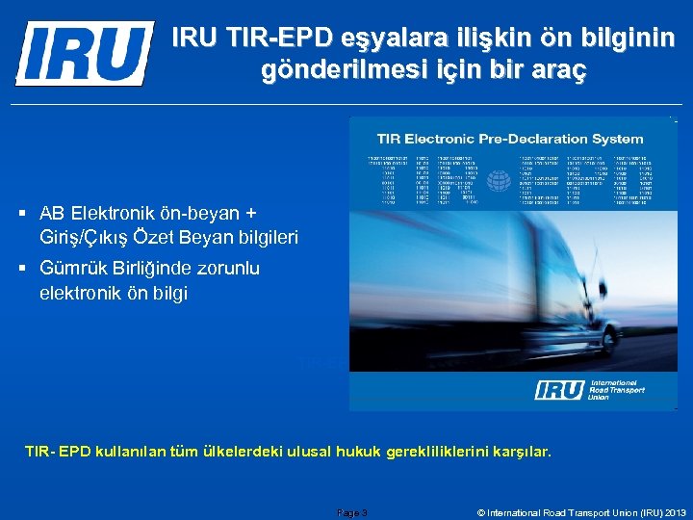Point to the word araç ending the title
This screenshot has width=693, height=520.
tap(552, 71)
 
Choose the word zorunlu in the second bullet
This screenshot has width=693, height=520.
tap(223, 268)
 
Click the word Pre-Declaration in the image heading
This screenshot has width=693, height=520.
tap(516, 139)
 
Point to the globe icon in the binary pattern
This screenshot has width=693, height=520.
tap(499, 180)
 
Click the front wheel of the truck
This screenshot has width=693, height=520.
tap(607, 339)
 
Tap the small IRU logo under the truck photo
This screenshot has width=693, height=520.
tap(559, 389)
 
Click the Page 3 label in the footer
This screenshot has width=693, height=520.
tap(351, 513)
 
